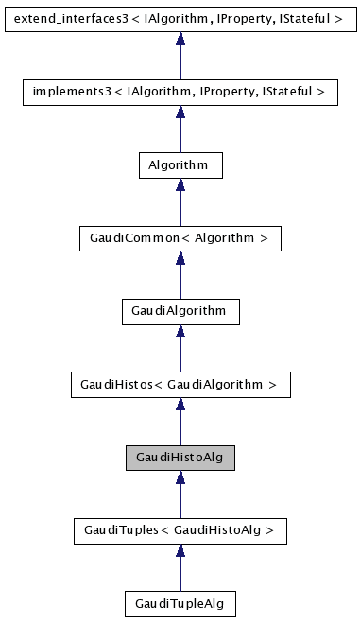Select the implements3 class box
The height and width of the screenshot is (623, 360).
pyautogui.click(x=180, y=92)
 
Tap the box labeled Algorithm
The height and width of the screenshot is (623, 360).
pyautogui.click(x=180, y=164)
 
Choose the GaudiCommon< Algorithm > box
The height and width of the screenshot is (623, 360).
pyautogui.click(x=180, y=237)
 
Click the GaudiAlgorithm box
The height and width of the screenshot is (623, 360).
pyautogui.click(x=180, y=310)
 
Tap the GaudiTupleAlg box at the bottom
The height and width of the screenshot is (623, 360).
pyautogui.click(x=180, y=602)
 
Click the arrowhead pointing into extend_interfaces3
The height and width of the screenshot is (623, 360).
pyautogui.click(x=180, y=39)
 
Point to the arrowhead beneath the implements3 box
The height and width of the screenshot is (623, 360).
pyautogui.click(x=180, y=112)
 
